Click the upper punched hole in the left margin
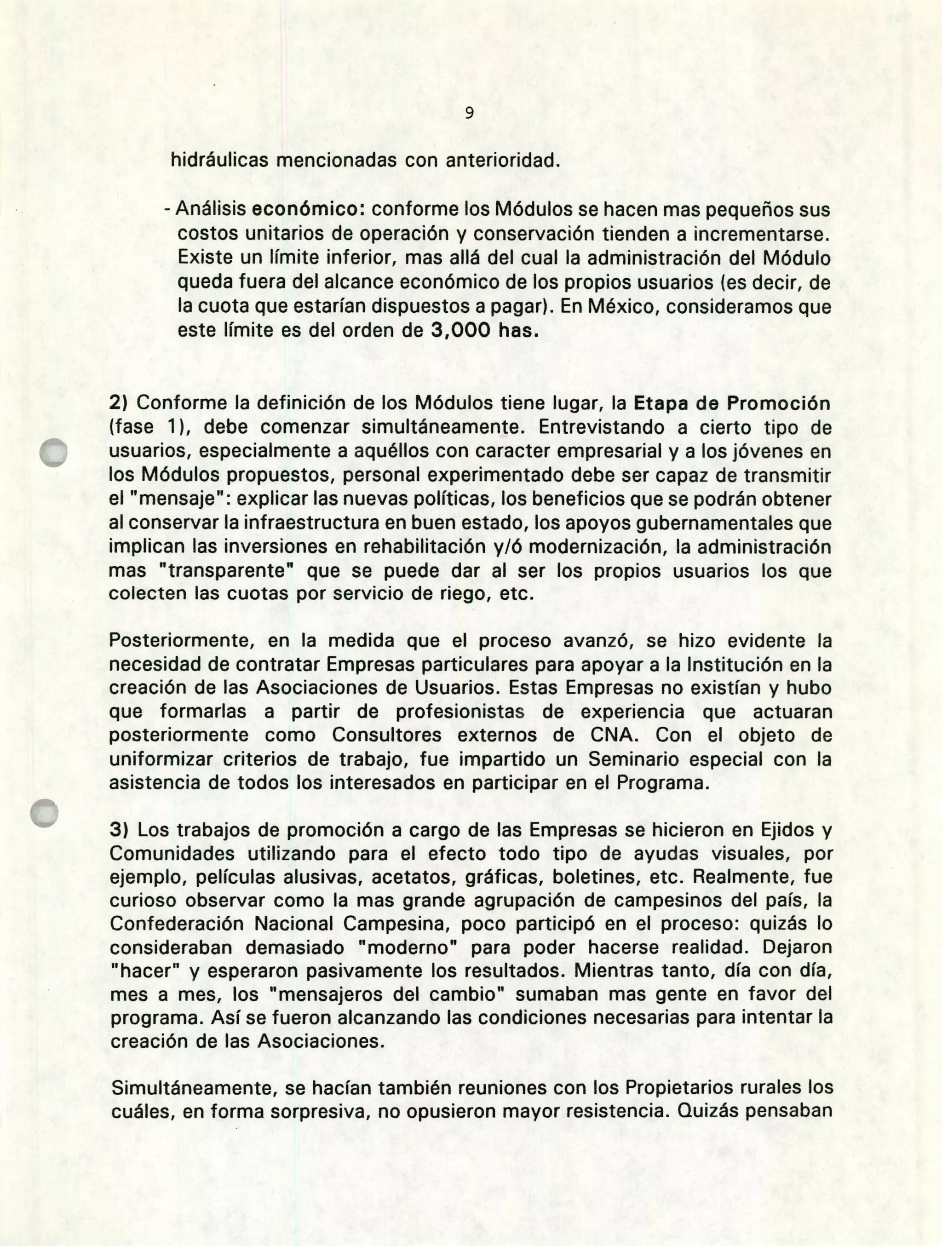[54, 452]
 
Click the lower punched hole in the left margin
[45, 813]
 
